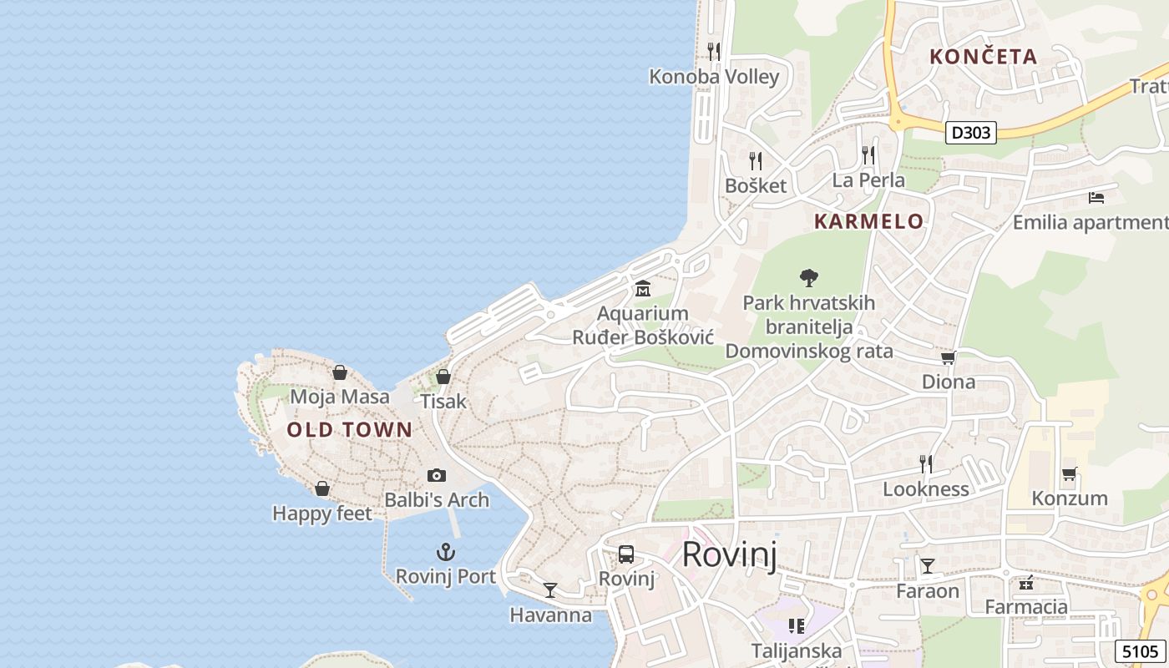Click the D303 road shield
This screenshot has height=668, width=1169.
click(972, 133)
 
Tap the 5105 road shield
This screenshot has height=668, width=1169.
click(1140, 650)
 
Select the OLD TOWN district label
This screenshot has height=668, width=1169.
click(349, 430)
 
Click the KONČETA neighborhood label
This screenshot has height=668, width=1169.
click(984, 57)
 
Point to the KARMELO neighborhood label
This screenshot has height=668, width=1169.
click(868, 221)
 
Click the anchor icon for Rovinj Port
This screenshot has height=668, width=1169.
click(446, 552)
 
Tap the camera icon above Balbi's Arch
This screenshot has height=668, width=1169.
click(436, 475)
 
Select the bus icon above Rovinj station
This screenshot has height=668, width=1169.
click(625, 554)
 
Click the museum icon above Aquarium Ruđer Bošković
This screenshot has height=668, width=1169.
click(643, 289)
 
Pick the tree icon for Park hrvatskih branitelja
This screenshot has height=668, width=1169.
click(808, 277)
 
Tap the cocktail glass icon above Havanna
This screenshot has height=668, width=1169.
click(550, 590)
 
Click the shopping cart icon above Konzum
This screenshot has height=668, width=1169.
click(1069, 473)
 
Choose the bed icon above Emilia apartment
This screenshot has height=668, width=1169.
click(1096, 198)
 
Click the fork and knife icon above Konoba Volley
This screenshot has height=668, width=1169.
click(714, 52)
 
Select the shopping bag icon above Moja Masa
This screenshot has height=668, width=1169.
click(340, 372)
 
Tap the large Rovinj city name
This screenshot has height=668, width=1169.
click(730, 554)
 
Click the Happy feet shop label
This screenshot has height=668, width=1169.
click(322, 514)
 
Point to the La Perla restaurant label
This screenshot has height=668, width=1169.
click(868, 180)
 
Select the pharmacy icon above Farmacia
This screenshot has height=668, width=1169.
click(1026, 583)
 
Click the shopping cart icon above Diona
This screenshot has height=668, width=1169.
click(948, 357)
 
